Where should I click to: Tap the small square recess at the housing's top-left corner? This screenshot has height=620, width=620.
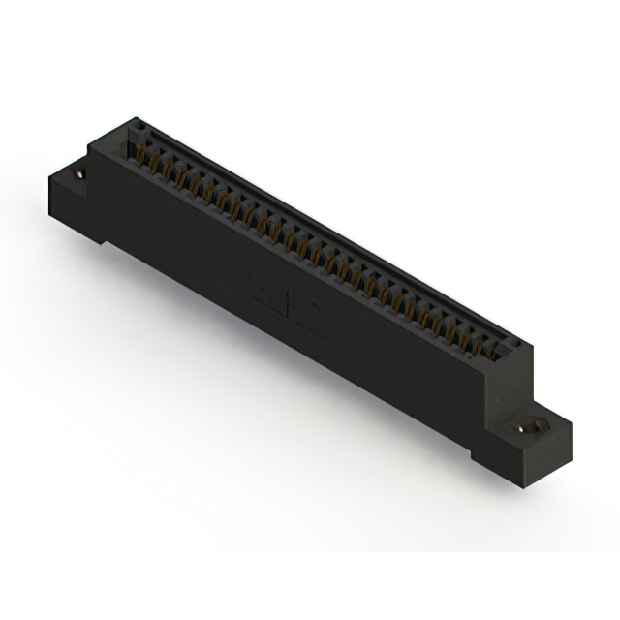point(137,126)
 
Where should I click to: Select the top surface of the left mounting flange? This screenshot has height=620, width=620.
point(70,176)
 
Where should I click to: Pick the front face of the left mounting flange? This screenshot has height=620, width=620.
point(73,208)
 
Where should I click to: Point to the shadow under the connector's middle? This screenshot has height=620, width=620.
point(291,387)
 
